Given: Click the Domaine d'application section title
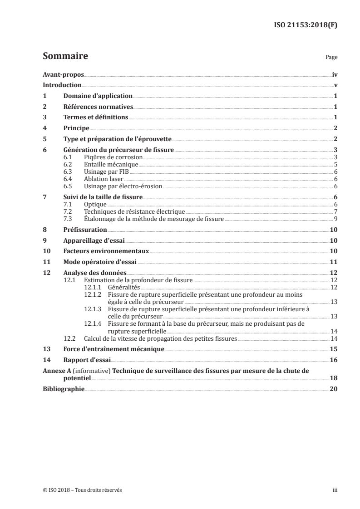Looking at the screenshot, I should click(98, 96).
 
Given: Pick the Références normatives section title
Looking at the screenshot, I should click(98, 107).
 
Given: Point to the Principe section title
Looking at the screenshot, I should click(76, 128).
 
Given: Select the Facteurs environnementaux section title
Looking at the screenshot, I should click(106, 251).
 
